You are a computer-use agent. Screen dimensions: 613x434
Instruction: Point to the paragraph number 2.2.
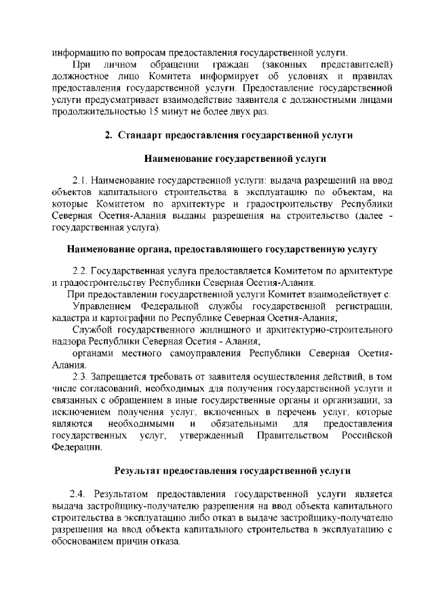81,271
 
